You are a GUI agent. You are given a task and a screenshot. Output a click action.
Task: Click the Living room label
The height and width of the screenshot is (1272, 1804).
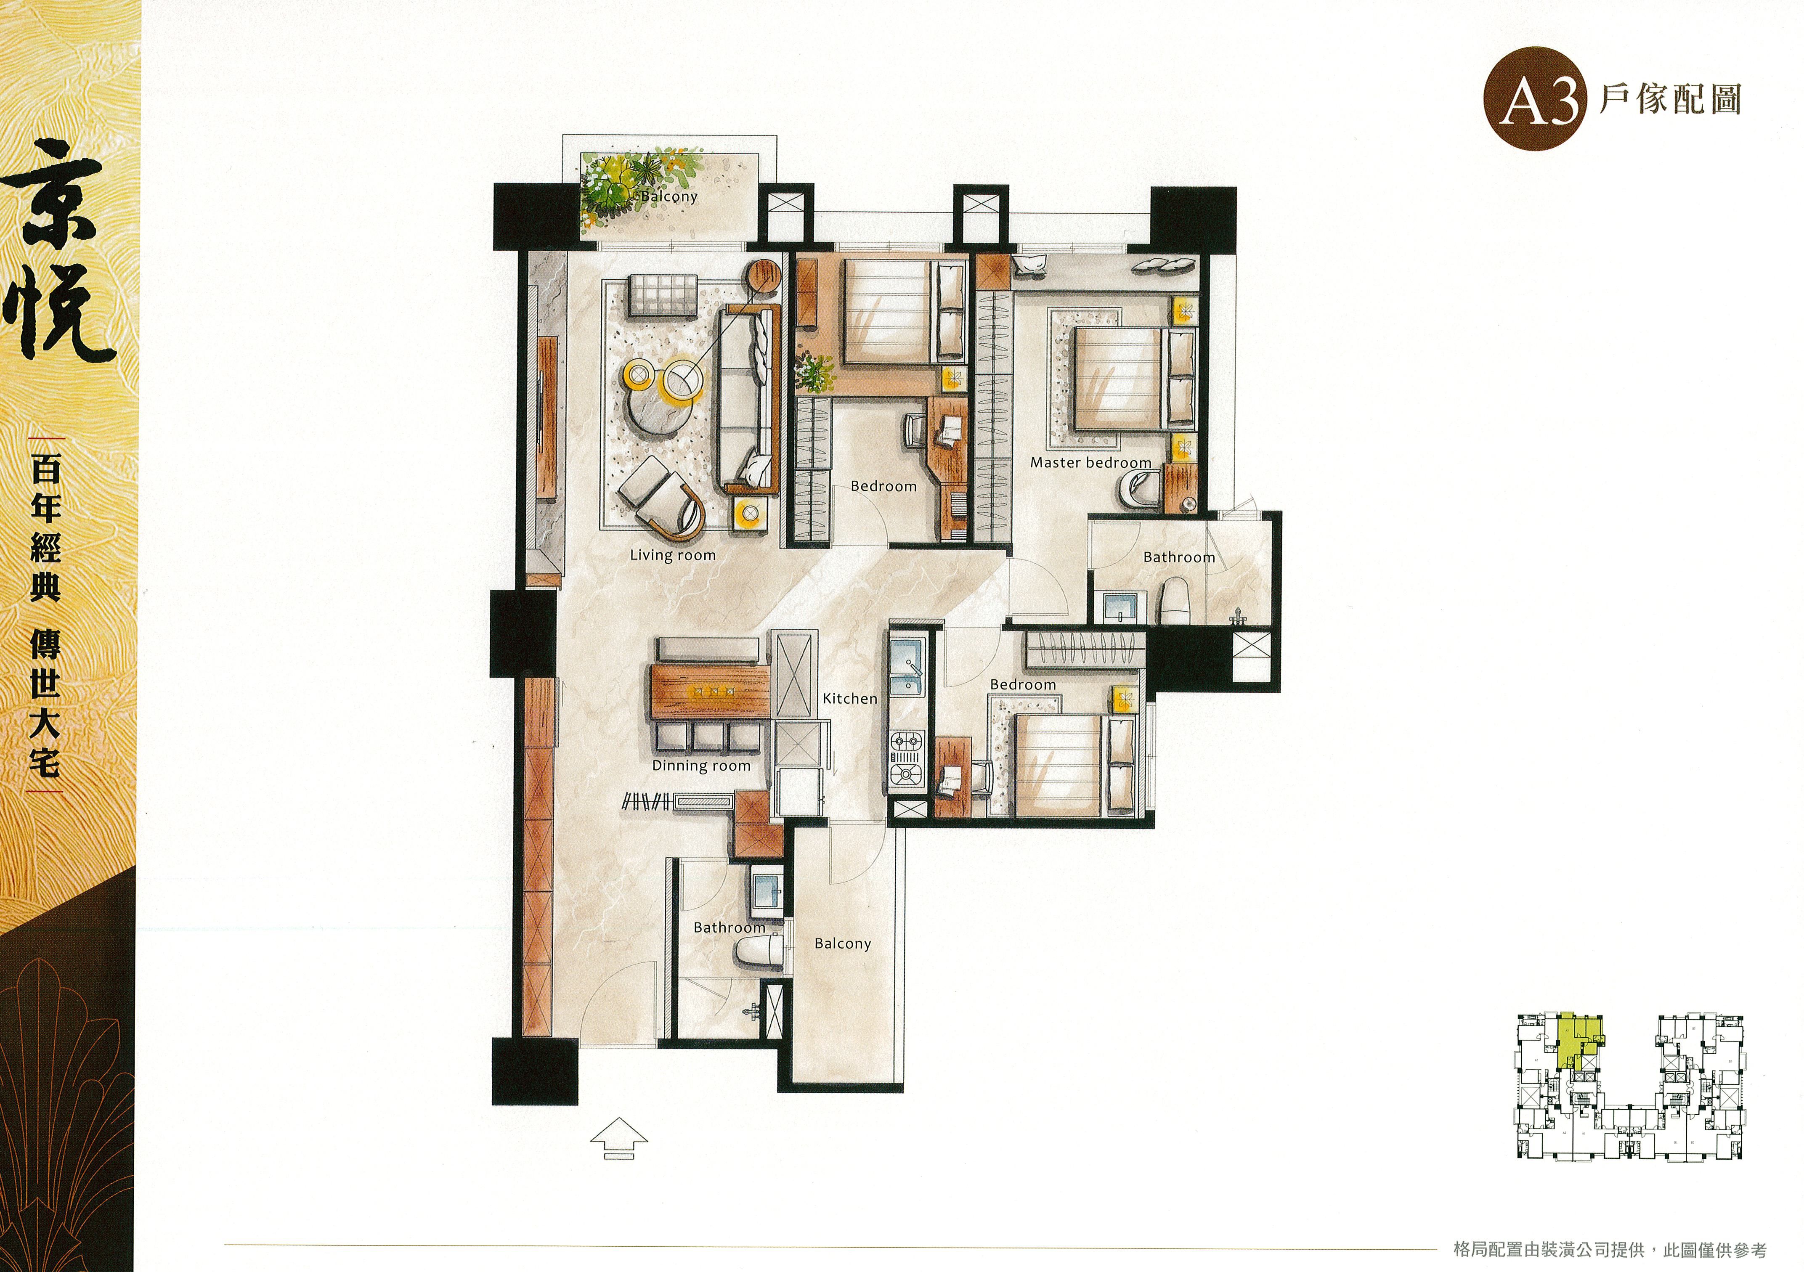tap(673, 556)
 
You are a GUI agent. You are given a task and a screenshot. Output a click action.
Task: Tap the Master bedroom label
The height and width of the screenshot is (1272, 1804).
tap(1090, 463)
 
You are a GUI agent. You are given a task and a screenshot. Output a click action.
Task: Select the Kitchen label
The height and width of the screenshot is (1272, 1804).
tap(849, 698)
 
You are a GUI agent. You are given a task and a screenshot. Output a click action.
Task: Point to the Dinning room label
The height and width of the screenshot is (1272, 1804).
tap(701, 765)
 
